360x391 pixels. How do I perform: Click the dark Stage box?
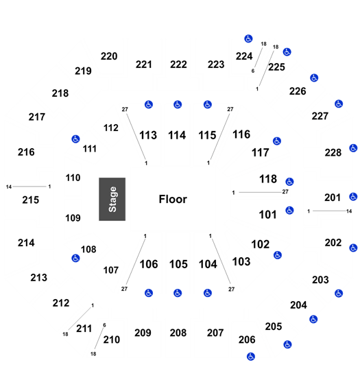click(x=112, y=199)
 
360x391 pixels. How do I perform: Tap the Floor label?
click(x=173, y=199)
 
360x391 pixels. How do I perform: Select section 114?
click(x=177, y=135)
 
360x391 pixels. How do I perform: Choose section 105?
click(x=178, y=264)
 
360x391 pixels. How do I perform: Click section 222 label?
click(x=178, y=64)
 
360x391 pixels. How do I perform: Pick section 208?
click(x=178, y=333)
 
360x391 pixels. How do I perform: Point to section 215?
click(x=31, y=200)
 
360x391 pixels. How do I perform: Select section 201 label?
click(x=333, y=198)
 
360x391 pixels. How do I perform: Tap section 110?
click(x=73, y=178)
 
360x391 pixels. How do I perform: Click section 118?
click(x=268, y=179)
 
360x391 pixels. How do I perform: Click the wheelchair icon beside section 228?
click(x=353, y=148)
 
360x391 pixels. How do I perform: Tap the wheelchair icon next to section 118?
click(x=289, y=182)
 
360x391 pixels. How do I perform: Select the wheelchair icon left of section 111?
click(x=75, y=139)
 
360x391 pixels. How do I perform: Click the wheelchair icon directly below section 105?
click(x=178, y=293)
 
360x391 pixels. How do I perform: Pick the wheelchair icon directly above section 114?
click(x=178, y=104)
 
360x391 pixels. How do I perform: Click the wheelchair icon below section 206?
click(x=251, y=357)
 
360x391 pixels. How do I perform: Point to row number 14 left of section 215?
click(x=9, y=187)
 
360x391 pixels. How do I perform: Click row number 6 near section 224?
click(x=253, y=71)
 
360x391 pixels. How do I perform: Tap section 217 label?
click(x=37, y=117)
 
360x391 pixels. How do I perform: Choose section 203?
click(x=320, y=280)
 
